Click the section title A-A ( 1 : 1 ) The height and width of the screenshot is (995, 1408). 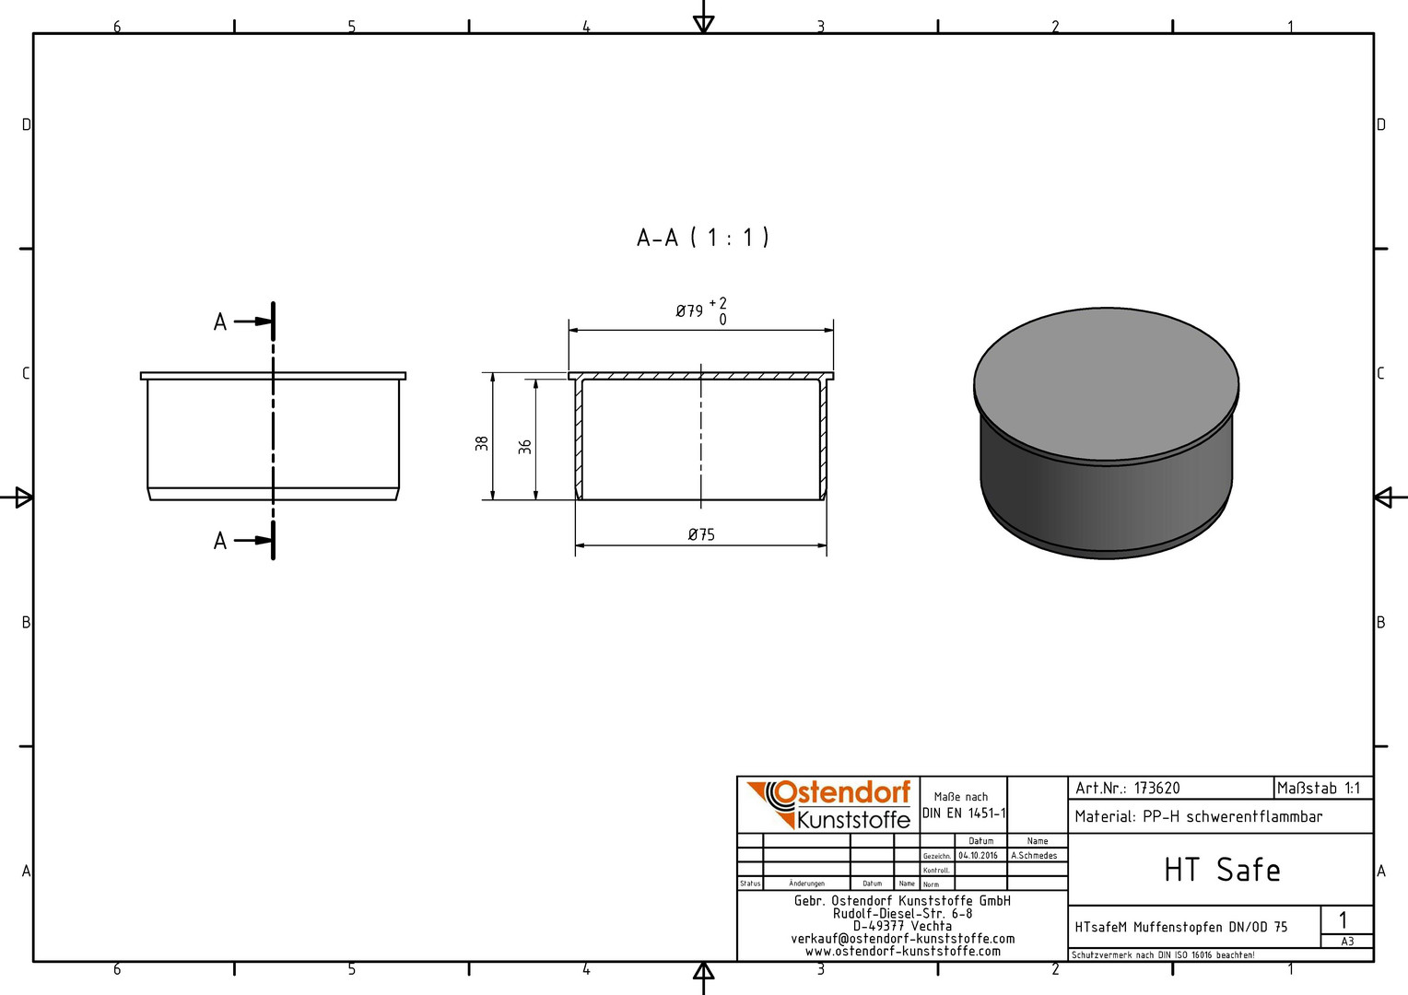pyautogui.click(x=703, y=238)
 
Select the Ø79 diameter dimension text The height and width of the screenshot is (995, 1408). pyautogui.click(x=689, y=311)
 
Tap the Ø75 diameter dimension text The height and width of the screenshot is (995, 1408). pyautogui.click(x=701, y=534)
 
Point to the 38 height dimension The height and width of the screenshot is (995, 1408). pyautogui.click(x=482, y=443)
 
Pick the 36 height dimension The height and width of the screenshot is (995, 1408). pyautogui.click(x=525, y=447)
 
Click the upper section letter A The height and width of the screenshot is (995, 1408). pyautogui.click(x=220, y=322)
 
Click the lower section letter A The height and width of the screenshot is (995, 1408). pyautogui.click(x=220, y=541)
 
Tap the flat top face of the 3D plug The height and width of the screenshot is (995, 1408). pyautogui.click(x=1107, y=383)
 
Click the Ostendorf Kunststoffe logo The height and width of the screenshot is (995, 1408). pyautogui.click(x=828, y=804)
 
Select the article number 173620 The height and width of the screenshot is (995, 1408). pyautogui.click(x=1157, y=789)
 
